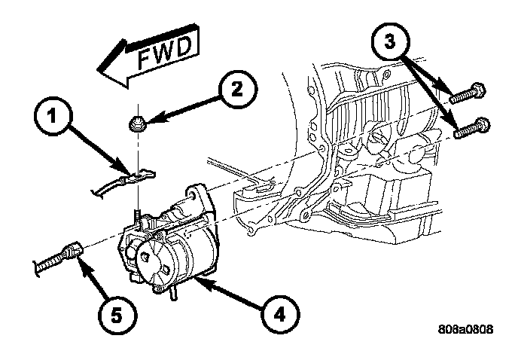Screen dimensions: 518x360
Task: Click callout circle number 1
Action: (52, 116)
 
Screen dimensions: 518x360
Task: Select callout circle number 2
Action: (236, 89)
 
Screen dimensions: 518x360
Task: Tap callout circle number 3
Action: (390, 42)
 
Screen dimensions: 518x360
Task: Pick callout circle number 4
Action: (280, 314)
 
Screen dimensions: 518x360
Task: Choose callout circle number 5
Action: (116, 315)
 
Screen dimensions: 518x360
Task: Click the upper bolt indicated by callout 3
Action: (468, 93)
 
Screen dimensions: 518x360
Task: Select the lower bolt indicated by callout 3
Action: (472, 128)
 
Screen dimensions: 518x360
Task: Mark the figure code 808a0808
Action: (466, 329)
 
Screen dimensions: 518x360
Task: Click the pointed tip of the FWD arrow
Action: (98, 69)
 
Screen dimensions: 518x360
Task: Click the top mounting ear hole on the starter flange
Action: (190, 195)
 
